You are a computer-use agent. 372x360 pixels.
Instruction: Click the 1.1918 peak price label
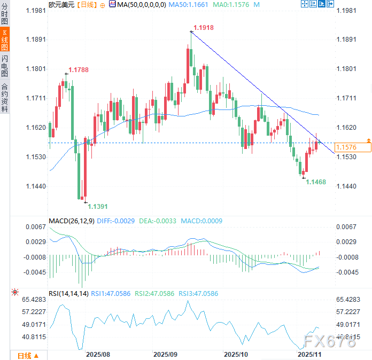point(203,27)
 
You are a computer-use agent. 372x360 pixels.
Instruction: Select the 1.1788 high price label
point(78,69)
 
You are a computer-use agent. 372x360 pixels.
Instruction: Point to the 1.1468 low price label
point(315,182)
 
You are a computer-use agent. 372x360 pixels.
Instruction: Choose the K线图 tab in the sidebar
point(5,40)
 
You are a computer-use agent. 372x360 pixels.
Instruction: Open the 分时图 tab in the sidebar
point(5,14)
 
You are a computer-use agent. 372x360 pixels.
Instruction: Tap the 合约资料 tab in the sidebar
point(5,97)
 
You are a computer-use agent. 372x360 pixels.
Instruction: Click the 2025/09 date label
point(165,354)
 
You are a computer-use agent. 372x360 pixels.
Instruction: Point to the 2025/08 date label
point(98,354)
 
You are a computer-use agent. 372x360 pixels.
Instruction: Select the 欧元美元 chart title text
point(61,4)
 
